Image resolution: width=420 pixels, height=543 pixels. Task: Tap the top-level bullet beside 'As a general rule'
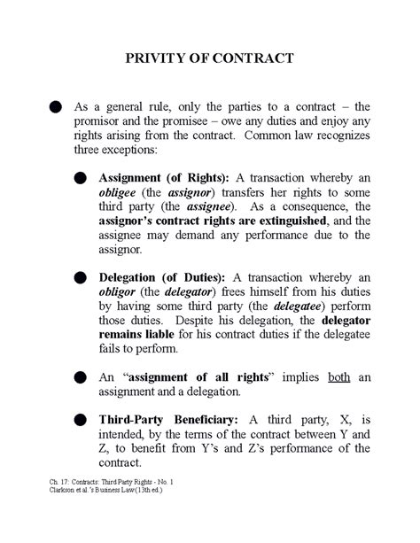click(55, 107)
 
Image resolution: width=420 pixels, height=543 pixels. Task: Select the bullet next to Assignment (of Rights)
click(80, 178)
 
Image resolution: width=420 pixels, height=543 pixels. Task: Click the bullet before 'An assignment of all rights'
click(80, 376)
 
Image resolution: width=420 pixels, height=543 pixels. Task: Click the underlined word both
click(338, 376)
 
